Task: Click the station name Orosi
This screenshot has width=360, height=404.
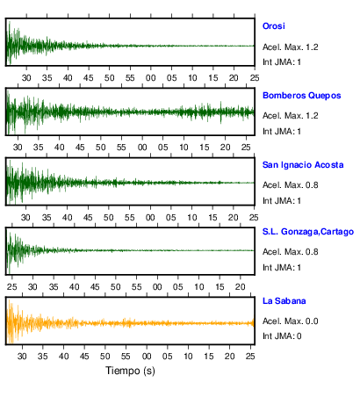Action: coord(274,26)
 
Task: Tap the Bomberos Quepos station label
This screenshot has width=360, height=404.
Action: coord(302,96)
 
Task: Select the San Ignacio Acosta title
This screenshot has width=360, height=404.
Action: coord(303,165)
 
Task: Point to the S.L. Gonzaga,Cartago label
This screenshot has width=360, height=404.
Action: coord(308,232)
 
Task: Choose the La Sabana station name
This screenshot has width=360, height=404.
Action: coord(284,301)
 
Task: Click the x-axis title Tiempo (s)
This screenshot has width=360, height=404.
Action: coord(130,371)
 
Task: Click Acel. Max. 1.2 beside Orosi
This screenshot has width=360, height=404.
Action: coord(291,47)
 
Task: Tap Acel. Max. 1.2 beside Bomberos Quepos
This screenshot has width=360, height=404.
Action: coord(291,116)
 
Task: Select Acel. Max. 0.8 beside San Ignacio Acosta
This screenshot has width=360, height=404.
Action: coord(291,185)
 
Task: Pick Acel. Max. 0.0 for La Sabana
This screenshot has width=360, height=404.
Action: coord(291,321)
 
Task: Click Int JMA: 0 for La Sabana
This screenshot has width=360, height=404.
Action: coord(282,335)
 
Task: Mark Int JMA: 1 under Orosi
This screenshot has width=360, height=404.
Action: coord(282,62)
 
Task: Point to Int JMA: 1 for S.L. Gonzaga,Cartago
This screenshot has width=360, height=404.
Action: coord(282,268)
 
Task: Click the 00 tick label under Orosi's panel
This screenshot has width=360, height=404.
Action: coord(151,78)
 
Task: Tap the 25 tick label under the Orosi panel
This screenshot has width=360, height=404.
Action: coord(255,78)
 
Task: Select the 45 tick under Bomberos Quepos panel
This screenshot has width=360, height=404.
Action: coord(80,148)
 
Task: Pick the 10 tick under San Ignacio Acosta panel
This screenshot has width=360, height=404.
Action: coord(192,218)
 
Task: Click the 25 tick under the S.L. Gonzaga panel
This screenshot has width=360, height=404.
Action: coord(12,287)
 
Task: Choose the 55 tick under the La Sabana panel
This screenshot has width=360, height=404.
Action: coord(126,357)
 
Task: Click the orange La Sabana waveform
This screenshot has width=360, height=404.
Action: coord(130,323)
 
